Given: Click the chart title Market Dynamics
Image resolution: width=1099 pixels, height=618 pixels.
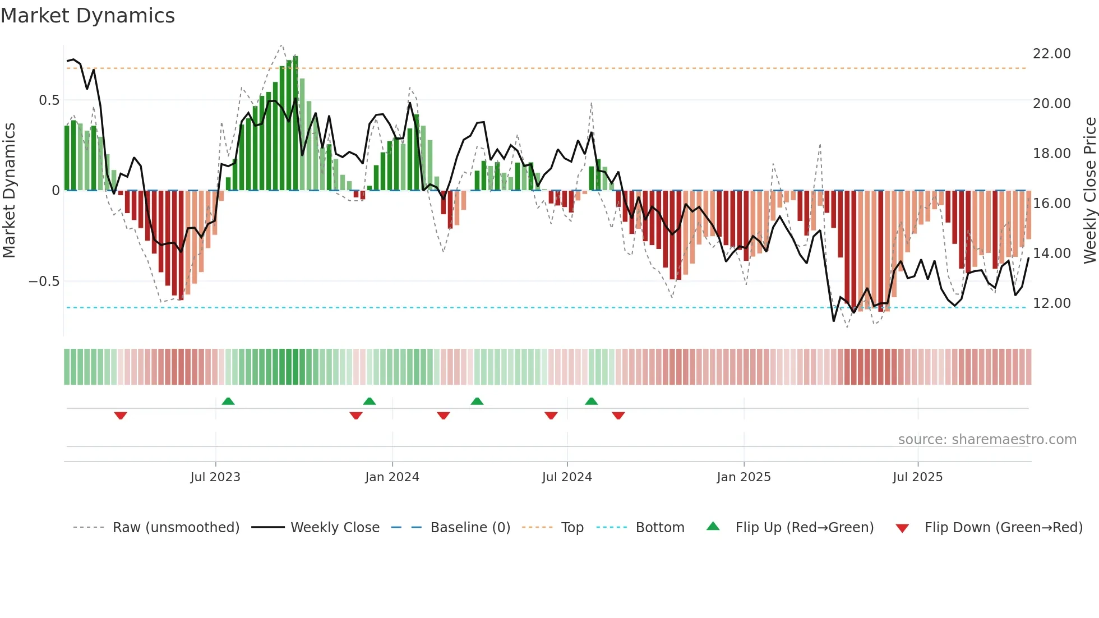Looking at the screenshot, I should pos(87,16).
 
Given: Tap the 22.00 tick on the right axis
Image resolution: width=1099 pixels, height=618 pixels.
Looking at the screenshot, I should pos(1051,54).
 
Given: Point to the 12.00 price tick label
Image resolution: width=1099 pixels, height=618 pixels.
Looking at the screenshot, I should pos(1051,303).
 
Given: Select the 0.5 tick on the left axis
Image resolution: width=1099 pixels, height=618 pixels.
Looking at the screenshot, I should pos(49,100).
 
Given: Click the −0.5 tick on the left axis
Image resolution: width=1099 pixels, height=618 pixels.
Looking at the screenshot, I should pos(44,282).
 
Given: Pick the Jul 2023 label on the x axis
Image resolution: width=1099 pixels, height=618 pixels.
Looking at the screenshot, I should pos(215,477).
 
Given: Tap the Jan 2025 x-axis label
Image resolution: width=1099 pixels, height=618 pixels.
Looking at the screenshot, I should pos(744,477).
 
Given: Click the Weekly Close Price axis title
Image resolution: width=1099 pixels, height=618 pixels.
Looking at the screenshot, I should pos(1089,191).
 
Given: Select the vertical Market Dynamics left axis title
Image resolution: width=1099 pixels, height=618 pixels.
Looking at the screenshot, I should pos(9,191).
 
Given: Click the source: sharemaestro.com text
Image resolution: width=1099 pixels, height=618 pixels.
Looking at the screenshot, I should pos(987,440).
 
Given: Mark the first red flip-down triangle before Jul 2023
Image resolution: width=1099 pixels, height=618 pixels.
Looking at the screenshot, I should pos(121,416).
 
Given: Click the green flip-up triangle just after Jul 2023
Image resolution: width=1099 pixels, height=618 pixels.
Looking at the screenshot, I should pos(228,401).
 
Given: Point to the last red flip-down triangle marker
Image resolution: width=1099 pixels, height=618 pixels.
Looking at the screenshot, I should pos(618,416).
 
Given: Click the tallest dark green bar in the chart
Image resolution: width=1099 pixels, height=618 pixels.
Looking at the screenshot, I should pos(295,123).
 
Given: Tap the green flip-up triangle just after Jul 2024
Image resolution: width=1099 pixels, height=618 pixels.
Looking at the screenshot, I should pos(592,401).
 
